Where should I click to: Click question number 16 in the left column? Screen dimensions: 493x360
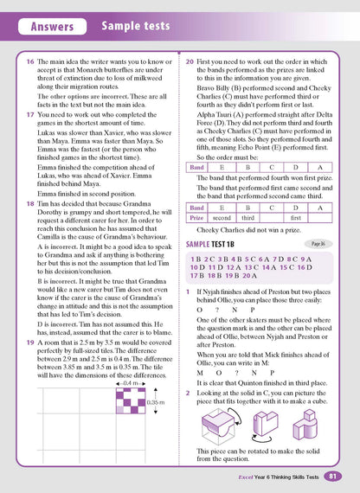(29, 63)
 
